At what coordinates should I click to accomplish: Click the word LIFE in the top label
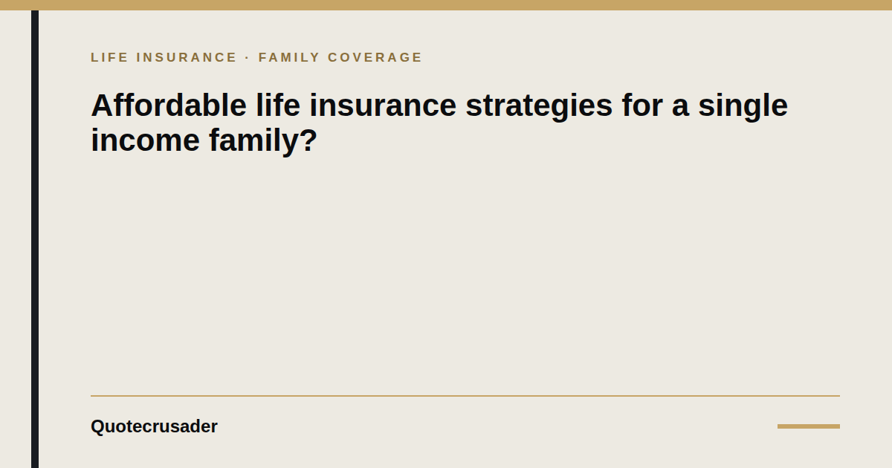pyautogui.click(x=109, y=57)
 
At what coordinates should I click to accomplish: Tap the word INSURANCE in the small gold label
pyautogui.click(x=187, y=57)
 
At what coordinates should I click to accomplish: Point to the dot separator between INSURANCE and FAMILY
pyautogui.click(x=248, y=58)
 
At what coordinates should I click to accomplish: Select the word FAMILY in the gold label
pyautogui.click(x=288, y=57)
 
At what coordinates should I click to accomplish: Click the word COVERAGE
pyautogui.click(x=375, y=57)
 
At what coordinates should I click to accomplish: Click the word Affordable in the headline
pyautogui.click(x=169, y=105)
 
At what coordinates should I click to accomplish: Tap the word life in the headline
pyautogui.click(x=278, y=105)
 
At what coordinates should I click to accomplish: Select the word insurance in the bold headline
pyautogui.click(x=383, y=105)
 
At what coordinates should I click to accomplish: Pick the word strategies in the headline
pyautogui.click(x=539, y=107)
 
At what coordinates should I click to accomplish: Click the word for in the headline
pyautogui.click(x=642, y=105)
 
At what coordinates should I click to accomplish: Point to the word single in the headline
pyautogui.click(x=743, y=107)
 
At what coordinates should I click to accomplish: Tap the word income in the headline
pyautogui.click(x=146, y=140)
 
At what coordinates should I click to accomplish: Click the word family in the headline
pyautogui.click(x=253, y=142)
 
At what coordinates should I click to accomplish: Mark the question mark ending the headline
pyautogui.click(x=308, y=140)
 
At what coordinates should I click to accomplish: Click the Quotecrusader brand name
pyautogui.click(x=154, y=426)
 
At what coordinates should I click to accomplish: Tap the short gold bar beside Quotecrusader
pyautogui.click(x=809, y=426)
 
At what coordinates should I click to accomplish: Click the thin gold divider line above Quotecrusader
pyautogui.click(x=465, y=396)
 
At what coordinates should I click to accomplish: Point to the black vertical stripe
pyautogui.click(x=35, y=239)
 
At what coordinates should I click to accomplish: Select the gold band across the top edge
pyautogui.click(x=446, y=5)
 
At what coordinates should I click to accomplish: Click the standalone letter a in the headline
pyautogui.click(x=680, y=109)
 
